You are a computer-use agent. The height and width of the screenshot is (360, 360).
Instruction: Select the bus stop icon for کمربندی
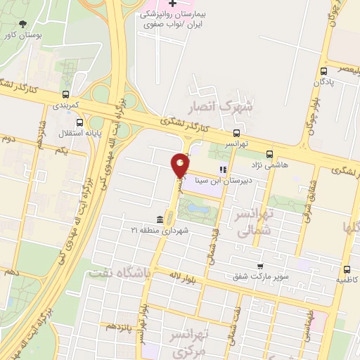[x=65, y=94]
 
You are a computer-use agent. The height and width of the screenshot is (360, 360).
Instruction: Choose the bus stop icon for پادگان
[x=324, y=71]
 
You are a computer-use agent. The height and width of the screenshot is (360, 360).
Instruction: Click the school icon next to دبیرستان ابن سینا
[x=223, y=169]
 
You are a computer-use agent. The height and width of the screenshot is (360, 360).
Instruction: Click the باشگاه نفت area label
[x=115, y=273]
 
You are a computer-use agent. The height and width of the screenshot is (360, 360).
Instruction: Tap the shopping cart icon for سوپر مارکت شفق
[x=260, y=266]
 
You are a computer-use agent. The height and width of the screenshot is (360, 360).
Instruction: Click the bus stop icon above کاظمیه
[x=347, y=269]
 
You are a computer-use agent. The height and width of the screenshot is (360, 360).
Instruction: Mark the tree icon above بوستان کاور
[x=25, y=22]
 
